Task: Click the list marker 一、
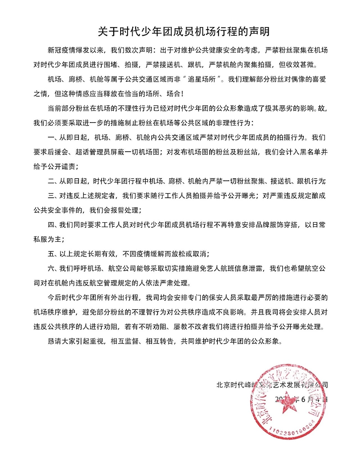(x=54, y=137)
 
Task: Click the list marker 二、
(x=54, y=181)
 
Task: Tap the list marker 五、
(x=54, y=253)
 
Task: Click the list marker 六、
(x=54, y=268)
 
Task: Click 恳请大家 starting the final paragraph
(x=62, y=341)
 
